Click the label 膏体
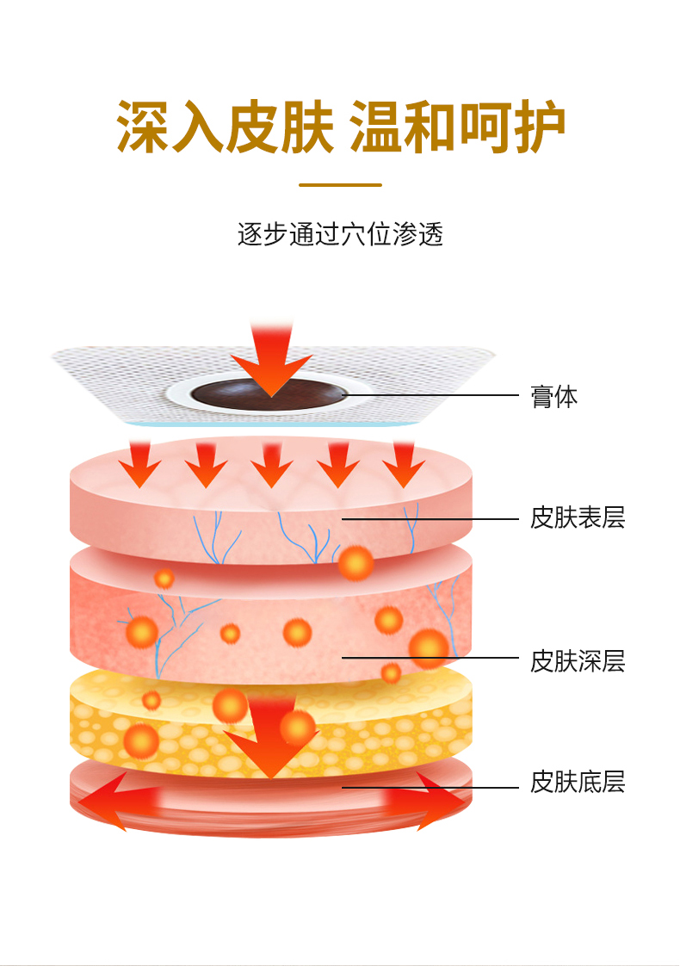click(x=554, y=397)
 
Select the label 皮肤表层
click(x=577, y=518)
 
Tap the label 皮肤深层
click(x=577, y=661)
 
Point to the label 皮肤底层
click(x=577, y=783)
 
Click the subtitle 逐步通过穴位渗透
click(x=340, y=234)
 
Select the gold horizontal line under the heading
click(x=340, y=184)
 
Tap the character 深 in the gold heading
click(x=145, y=128)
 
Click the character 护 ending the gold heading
click(x=537, y=128)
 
